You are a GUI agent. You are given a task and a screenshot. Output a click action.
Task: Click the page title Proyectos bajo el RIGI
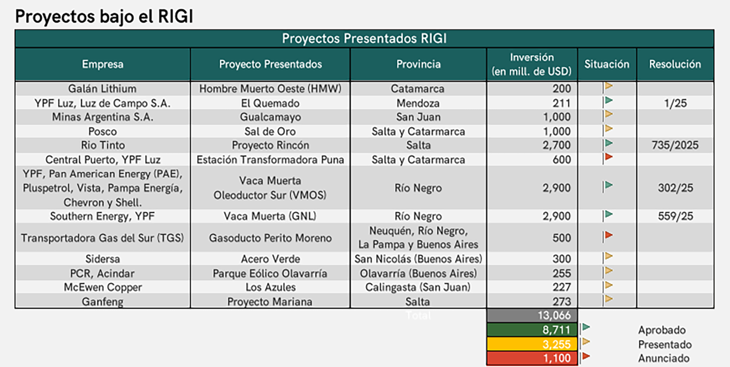click(x=104, y=16)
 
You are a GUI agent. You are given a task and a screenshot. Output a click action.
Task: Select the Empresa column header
click(x=103, y=64)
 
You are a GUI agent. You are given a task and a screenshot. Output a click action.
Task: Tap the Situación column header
click(x=607, y=64)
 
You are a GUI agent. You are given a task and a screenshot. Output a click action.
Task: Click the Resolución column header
click(x=675, y=64)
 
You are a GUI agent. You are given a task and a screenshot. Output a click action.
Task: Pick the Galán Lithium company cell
click(x=102, y=89)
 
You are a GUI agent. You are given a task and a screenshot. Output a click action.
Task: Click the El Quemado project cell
click(x=270, y=103)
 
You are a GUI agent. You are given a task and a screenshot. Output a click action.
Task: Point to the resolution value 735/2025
click(x=675, y=145)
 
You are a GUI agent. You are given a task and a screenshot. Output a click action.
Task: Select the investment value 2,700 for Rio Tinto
click(x=557, y=145)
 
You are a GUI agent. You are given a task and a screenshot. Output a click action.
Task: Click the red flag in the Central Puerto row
click(x=608, y=158)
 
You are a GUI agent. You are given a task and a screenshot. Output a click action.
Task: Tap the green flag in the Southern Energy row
click(x=608, y=215)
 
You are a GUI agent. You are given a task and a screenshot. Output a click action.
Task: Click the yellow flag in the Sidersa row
click(x=608, y=257)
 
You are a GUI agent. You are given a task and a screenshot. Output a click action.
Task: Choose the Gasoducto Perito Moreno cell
click(x=270, y=238)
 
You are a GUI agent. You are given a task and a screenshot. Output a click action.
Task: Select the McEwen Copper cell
click(x=103, y=287)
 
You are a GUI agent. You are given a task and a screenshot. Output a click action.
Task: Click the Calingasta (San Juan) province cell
click(x=418, y=287)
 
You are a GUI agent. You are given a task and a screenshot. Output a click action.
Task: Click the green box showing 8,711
click(x=532, y=330)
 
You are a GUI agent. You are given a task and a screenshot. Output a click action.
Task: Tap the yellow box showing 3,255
click(x=532, y=344)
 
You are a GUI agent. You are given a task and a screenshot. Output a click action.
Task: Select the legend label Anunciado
click(x=663, y=358)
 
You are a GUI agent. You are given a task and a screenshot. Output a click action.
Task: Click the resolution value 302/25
click(x=675, y=188)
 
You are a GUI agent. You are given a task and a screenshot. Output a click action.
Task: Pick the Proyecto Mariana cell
click(x=270, y=302)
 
